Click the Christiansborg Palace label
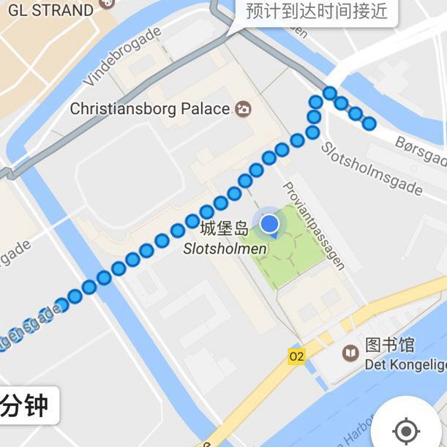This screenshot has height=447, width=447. point(150,109)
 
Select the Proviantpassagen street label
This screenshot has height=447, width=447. point(314,225)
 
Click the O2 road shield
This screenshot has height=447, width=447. point(296,356)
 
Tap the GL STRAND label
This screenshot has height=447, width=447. point(51,10)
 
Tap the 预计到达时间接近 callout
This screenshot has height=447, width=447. point(316,12)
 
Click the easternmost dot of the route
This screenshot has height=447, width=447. point(369,123)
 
